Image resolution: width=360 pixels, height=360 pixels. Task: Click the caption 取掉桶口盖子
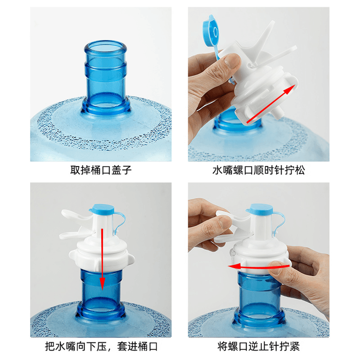pos(101,170)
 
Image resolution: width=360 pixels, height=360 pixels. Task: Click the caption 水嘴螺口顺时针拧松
pos(259,170)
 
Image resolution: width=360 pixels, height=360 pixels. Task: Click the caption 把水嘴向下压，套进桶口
pos(101,346)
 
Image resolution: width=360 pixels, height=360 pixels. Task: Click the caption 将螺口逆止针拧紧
pos(259,346)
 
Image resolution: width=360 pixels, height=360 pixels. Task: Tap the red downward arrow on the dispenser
pos(102,260)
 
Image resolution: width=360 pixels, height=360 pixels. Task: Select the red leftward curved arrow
pos(258,267)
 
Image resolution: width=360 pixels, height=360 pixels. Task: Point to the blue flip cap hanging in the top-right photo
pos(211,32)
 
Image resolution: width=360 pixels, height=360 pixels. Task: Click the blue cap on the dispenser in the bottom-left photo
pos(102,208)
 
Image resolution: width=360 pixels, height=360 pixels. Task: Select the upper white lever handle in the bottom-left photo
pos(76,215)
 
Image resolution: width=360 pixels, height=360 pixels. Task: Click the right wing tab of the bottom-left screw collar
pos(130,259)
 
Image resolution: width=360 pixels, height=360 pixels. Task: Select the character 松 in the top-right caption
pos(300,170)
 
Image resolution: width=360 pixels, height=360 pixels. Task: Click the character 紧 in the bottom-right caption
pos(295,346)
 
